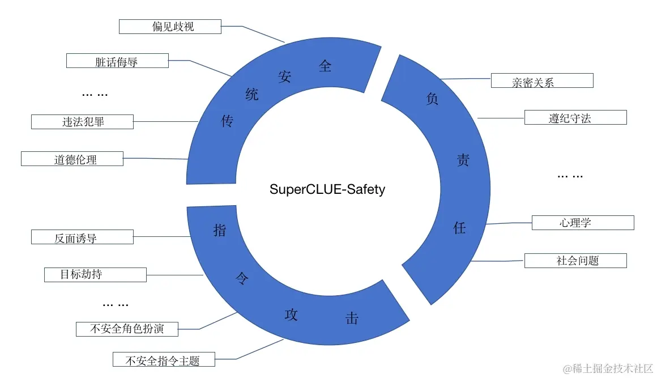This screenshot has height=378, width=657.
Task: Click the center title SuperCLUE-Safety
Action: pos(327,189)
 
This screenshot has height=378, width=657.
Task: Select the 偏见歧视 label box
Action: pos(169,26)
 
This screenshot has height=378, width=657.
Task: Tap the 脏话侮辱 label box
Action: pos(117,61)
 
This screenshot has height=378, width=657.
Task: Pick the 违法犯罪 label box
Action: pos(82,121)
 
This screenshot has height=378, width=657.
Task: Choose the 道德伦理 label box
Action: pos(72,159)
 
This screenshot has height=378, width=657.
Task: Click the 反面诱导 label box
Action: pos(82,237)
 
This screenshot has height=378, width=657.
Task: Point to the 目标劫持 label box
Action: pos(95,275)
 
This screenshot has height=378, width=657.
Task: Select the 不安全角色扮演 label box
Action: pos(127,329)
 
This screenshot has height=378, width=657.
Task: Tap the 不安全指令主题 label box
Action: pos(164,359)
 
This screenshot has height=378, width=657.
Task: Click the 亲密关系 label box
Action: pos(541,80)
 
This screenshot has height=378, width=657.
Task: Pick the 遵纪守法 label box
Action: pos(575,117)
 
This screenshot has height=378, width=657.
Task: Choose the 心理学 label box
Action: pos(583,222)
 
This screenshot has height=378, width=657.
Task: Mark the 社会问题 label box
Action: pos(575,261)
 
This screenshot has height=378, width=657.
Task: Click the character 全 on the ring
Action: pos(325,66)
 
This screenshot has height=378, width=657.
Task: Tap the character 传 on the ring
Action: pos(227,121)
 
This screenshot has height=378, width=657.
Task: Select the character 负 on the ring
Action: pos(432,99)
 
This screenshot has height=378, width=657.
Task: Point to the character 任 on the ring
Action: pos(460,228)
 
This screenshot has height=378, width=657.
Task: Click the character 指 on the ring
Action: pos(220,230)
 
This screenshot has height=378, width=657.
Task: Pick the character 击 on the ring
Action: pos(352,318)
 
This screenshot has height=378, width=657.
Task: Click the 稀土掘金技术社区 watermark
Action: pos(607,368)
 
